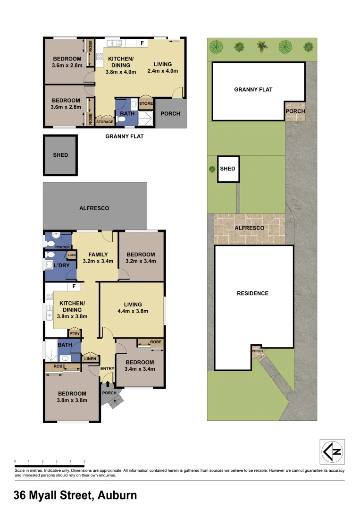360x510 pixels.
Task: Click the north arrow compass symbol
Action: (332, 452)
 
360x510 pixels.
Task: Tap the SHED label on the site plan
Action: (227, 169)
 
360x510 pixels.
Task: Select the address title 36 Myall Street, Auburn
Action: (75, 495)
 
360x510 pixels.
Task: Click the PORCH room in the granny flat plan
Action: (170, 114)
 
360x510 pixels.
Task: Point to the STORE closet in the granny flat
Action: (146, 103)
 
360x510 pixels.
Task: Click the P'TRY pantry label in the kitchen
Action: (75, 334)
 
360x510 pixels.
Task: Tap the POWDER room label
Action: (62, 247)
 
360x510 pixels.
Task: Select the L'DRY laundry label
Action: (61, 265)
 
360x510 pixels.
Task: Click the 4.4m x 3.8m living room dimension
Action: (133, 311)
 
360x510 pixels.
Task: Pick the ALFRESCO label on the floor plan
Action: (94, 208)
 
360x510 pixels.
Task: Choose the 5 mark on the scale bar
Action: (84, 461)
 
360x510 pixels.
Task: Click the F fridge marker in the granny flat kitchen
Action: (142, 43)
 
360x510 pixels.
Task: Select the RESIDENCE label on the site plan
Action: (252, 293)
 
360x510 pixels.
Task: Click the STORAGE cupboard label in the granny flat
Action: (105, 122)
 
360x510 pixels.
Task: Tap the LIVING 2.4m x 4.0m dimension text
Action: (163, 71)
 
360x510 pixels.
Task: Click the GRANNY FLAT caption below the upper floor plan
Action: (125, 136)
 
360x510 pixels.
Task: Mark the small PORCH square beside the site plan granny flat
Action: (295, 111)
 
